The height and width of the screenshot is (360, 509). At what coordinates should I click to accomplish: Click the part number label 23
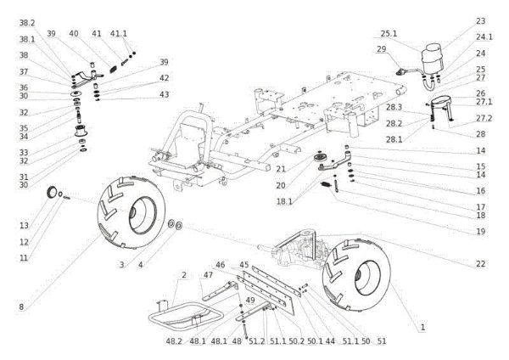[480, 20]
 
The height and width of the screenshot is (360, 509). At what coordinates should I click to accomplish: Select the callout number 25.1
[389, 33]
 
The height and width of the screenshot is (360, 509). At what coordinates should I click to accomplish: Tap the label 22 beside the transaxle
[481, 264]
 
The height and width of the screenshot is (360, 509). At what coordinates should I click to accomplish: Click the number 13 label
[25, 225]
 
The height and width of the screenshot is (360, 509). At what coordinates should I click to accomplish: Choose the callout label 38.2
[27, 22]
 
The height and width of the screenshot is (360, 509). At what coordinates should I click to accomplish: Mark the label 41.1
[120, 34]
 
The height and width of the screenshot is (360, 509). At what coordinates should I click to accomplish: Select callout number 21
[280, 170]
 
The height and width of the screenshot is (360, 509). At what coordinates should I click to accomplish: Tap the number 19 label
[480, 231]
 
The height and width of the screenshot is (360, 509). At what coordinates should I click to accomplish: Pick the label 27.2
[484, 118]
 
